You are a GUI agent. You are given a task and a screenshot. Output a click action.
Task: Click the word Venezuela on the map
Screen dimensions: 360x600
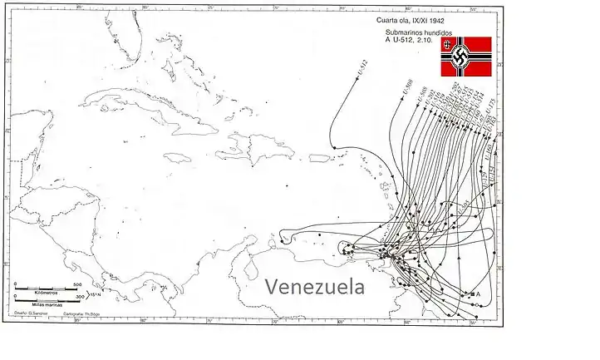314,287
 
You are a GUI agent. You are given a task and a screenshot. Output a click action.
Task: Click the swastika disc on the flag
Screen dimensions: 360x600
459,59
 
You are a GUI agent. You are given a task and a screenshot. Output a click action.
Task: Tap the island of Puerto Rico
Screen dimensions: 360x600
321,157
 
